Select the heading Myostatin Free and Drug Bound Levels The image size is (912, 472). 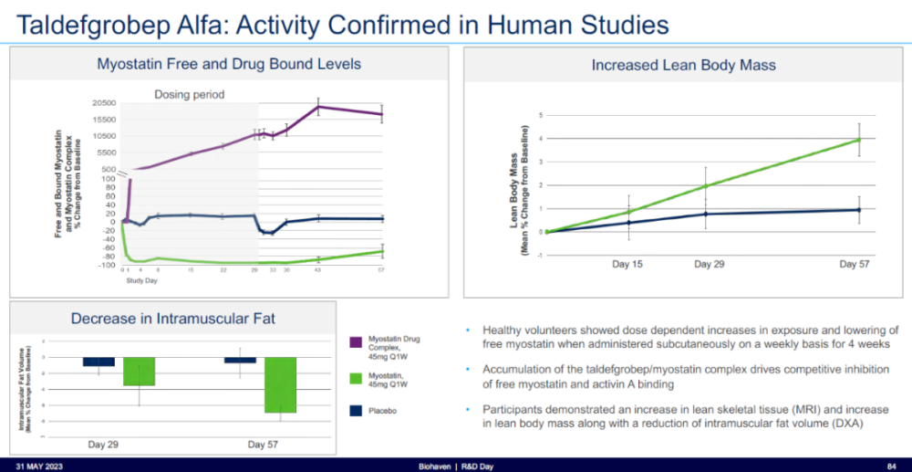click(229, 64)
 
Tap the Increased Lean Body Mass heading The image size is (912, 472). click(684, 65)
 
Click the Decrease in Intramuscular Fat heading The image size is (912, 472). click(173, 319)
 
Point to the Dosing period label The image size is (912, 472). click(189, 94)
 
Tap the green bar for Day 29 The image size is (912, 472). click(139, 372)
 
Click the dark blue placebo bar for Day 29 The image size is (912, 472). click(98, 362)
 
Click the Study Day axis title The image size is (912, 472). click(136, 280)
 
